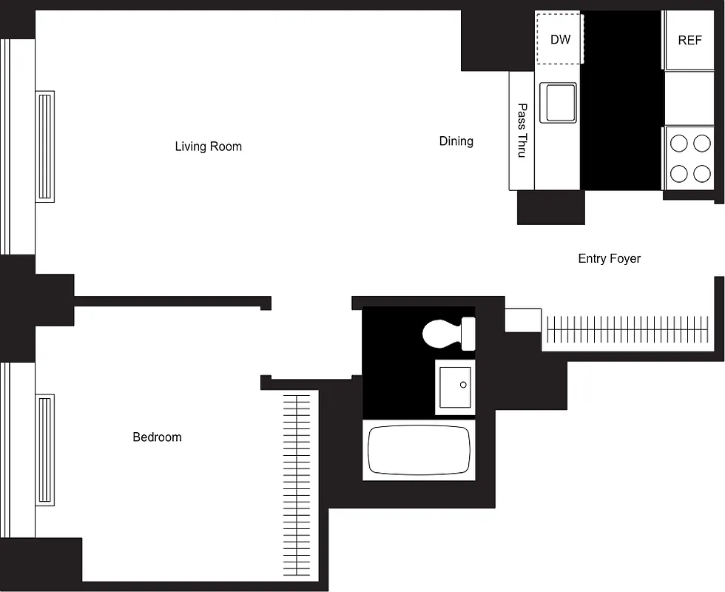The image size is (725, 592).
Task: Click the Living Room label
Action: click(208, 147)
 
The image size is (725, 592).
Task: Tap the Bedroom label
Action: click(157, 437)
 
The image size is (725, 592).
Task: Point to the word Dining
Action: click(456, 141)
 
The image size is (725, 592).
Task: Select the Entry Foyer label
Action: click(609, 258)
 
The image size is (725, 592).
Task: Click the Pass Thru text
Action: click(522, 130)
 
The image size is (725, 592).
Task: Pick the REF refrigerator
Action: click(689, 40)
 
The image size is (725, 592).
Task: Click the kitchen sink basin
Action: click(559, 102)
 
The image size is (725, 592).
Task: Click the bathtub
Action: click(419, 450)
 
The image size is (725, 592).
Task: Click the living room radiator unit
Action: click(45, 146)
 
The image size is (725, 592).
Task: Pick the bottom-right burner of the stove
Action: click(701, 174)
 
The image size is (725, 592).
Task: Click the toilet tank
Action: click(468, 334)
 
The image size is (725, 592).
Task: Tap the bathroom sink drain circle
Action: click(463, 385)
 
